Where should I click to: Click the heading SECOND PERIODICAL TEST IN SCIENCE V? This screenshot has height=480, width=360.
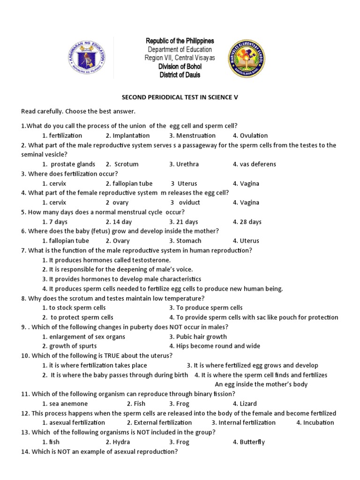tap(180, 97)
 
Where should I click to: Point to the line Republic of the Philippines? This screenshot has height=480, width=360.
tap(180, 41)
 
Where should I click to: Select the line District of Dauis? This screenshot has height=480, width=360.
tap(180, 75)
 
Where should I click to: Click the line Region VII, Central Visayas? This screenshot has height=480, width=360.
tap(180, 58)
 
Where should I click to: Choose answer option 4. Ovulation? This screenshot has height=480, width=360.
tap(250, 135)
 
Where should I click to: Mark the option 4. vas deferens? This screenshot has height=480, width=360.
tap(254, 164)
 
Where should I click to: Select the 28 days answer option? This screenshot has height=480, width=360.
tap(247, 222)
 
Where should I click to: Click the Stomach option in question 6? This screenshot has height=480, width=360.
tap(185, 240)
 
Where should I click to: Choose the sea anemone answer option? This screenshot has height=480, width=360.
tap(65, 403)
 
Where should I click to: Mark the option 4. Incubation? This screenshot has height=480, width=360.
tap(315, 422)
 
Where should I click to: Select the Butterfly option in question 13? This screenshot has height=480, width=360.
tap(248, 442)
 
